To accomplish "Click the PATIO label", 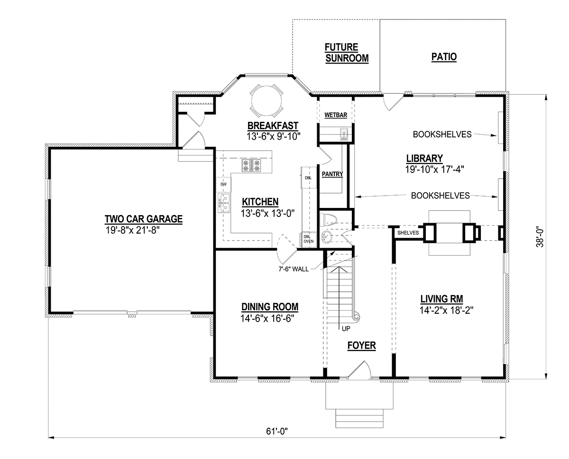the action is pos(444,57).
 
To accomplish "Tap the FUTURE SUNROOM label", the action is pos(347,53).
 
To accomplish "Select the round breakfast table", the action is pos(266,101).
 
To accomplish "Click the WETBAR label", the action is pos(336,115).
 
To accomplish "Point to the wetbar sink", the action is pos(344,134).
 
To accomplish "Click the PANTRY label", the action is pos(332,174).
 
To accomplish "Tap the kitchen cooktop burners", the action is pos(251,165).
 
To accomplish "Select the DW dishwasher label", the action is pos(223,184).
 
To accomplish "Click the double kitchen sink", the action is pos(224,203).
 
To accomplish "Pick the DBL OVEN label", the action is pos(308,239).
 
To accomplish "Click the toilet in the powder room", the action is pos(328,220).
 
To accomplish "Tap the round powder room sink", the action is pos(326,236).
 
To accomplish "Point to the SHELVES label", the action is pos(408,233).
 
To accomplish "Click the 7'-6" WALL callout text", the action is pos(294,269).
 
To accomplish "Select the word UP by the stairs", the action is pos(346,329).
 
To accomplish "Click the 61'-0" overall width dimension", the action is pos(277,431).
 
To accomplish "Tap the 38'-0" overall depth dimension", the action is pos(540,237).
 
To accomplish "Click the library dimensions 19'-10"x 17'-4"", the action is pos(435,169).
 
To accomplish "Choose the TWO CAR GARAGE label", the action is pos(144,219).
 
